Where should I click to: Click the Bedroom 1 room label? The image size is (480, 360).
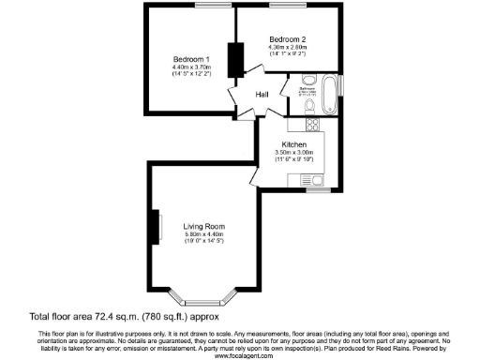coord(189,59)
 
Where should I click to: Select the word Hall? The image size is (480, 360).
coord(263,94)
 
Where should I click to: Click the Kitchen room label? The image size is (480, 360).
coord(293,144)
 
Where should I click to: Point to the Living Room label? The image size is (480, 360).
coord(202,225)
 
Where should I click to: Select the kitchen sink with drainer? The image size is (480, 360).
coord(319,179)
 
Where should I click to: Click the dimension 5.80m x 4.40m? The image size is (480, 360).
coord(202,233)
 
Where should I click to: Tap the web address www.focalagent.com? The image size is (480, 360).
coord(240,355)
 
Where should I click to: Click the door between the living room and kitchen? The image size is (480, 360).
coord(255,175)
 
